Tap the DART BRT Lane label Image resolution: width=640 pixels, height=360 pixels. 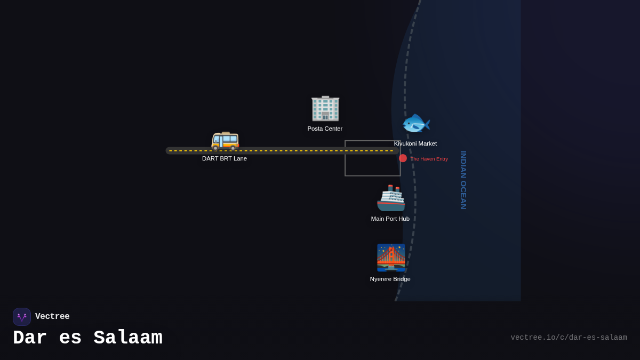coord(225,158)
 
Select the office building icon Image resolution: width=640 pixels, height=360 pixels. coord(325,108)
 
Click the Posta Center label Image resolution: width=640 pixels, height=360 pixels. coord(325,129)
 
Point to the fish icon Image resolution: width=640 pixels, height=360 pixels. coord(415,124)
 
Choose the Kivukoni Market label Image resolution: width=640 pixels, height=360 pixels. coord(415,143)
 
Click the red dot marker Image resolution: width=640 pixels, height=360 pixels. coord(403,158)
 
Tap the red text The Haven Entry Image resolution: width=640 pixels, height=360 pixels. coord(429,159)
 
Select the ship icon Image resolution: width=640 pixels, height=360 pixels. coord(391,198)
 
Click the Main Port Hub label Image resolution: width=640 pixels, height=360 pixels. coord(390,219)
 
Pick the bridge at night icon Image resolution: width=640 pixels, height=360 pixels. coord(391,258)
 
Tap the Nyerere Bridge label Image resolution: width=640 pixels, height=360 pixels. coord(390,279)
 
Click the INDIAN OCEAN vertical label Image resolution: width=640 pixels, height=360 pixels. coord(463,180)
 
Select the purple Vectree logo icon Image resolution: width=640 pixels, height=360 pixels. coord(22,317)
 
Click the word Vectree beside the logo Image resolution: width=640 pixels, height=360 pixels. coord(52,317)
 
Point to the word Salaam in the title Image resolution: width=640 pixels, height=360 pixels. coord(128,338)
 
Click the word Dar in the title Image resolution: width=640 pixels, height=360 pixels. coord(30,338)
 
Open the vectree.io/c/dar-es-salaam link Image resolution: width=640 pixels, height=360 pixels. coord(569,338)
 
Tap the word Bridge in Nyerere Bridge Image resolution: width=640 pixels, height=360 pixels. coord(401,279)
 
